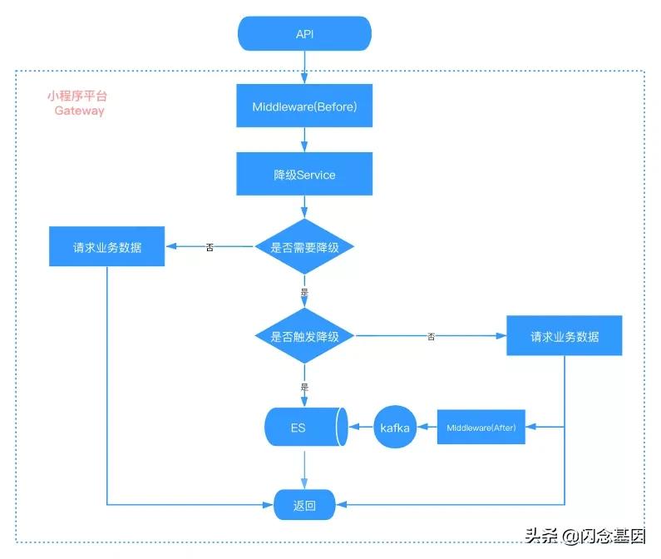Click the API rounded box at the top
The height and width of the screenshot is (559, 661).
tap(304, 34)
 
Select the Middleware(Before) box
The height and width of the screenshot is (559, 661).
tap(304, 107)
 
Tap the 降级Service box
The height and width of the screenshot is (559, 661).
tap(304, 175)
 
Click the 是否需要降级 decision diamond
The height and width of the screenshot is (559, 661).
tap(304, 247)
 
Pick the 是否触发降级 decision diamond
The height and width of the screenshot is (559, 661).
tap(304, 336)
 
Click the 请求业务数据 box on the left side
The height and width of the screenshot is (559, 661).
tap(106, 247)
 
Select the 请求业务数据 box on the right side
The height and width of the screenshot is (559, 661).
tap(565, 336)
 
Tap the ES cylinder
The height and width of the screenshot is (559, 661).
tap(304, 428)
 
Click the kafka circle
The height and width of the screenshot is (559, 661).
tap(395, 428)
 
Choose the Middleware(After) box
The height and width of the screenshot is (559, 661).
tap(481, 428)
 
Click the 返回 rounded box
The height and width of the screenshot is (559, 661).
tap(304, 504)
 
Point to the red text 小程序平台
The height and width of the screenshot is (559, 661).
tap(76, 96)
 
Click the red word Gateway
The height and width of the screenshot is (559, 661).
tap(80, 111)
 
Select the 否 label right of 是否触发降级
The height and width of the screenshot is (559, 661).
tap(431, 337)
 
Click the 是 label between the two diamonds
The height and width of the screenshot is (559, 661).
tap(304, 293)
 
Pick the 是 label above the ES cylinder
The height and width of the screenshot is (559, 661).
tap(304, 387)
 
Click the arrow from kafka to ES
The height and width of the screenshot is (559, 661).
tap(360, 428)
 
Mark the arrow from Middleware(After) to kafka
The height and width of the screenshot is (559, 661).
tap(427, 428)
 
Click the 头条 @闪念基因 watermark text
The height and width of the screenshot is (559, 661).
tap(585, 537)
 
